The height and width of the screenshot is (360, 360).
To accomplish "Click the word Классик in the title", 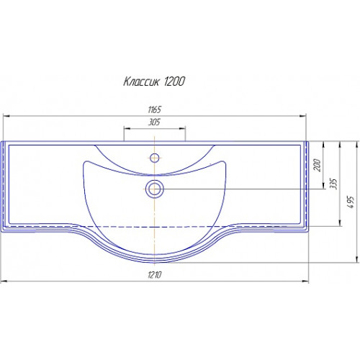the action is [x=141, y=81].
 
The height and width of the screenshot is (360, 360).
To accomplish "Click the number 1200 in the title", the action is [x=174, y=81].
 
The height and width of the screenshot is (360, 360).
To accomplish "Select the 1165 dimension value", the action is [x=155, y=109].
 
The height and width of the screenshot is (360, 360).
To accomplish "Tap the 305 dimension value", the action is [x=154, y=122].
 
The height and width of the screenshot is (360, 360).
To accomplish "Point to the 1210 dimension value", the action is [x=155, y=274].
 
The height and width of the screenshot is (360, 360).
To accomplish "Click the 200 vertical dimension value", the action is [x=317, y=165].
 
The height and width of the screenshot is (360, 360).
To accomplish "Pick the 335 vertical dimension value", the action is [x=334, y=184].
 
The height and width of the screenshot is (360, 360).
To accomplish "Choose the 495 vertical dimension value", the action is [x=351, y=202].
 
